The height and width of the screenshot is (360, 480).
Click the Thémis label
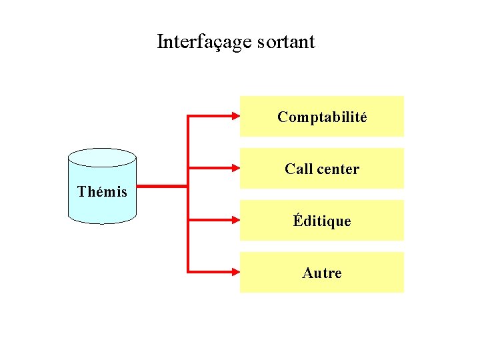coord(102,192)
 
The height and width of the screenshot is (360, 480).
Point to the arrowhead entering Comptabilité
coord(235,117)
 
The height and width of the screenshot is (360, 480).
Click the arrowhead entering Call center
coord(235,168)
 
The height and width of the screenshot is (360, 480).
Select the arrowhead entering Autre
coord(235,271)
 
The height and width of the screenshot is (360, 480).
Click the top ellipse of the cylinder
coord(102,157)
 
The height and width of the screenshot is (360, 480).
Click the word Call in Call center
coord(297,169)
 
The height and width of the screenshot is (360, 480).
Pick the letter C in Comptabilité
coord(283,117)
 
